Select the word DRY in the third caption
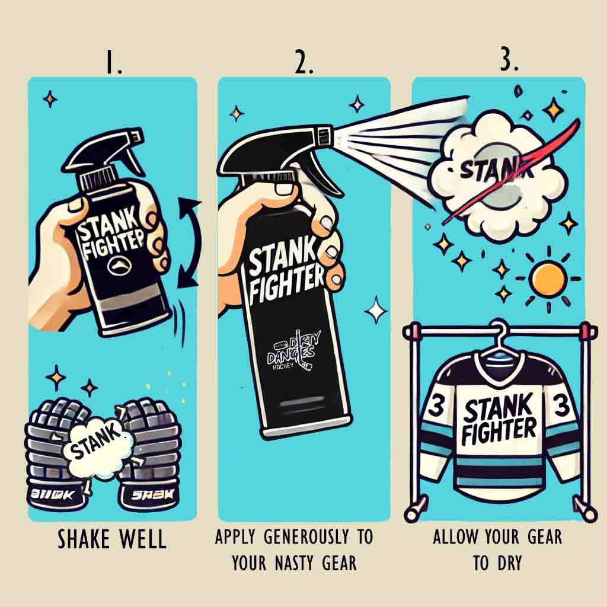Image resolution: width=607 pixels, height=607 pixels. tap(513, 562)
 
